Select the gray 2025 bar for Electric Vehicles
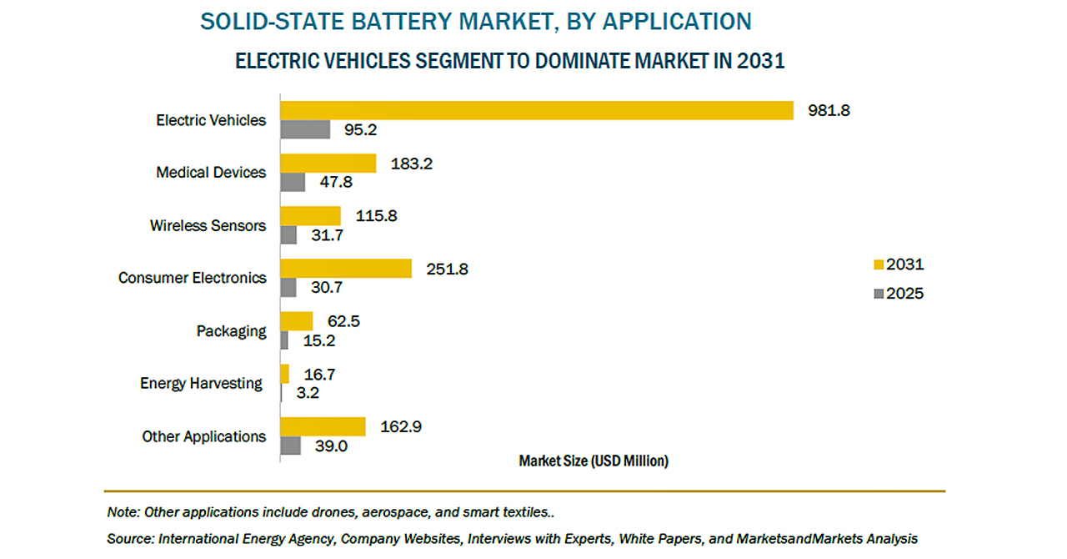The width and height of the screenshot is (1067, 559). point(305,129)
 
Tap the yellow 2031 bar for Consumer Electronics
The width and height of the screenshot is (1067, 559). point(346,268)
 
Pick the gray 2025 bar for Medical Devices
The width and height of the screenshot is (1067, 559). point(293,182)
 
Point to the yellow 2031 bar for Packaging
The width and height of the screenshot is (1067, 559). point(297,321)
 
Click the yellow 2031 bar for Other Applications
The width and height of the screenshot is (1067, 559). point(323,426)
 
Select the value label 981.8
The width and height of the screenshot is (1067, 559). point(829,110)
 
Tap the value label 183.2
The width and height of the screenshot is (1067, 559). point(412,163)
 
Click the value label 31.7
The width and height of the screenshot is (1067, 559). point(326,235)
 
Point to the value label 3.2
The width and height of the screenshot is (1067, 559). point(308,393)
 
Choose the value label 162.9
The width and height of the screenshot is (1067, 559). point(401,427)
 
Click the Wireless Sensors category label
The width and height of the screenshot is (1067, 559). point(208,225)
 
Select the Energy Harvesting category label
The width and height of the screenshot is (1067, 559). point(201,383)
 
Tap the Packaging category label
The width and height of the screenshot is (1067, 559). point(232,331)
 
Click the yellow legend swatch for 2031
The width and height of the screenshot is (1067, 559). point(878,265)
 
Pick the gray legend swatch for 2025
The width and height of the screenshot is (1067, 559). point(878,294)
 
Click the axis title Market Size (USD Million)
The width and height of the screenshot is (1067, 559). point(594,461)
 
